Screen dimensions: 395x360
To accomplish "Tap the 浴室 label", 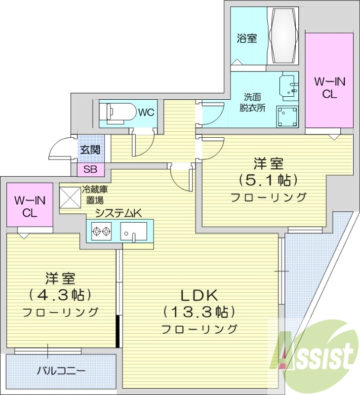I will point(247,38).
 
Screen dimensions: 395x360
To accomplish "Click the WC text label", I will point(146,113).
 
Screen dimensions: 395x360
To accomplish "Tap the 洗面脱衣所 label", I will point(254,102).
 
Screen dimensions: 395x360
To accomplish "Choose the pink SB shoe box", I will point(90,170).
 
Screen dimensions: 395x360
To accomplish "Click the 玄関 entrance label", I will point(90,150).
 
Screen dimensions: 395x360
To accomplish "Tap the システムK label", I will point(119,213).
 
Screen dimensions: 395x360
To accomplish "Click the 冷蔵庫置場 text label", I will point(95,195).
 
